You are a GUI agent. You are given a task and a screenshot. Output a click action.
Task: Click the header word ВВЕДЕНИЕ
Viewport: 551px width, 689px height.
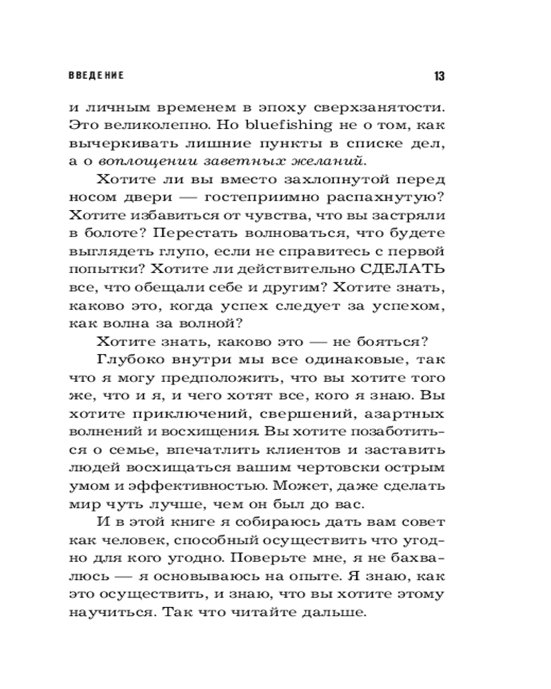pyautogui.click(x=96, y=74)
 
